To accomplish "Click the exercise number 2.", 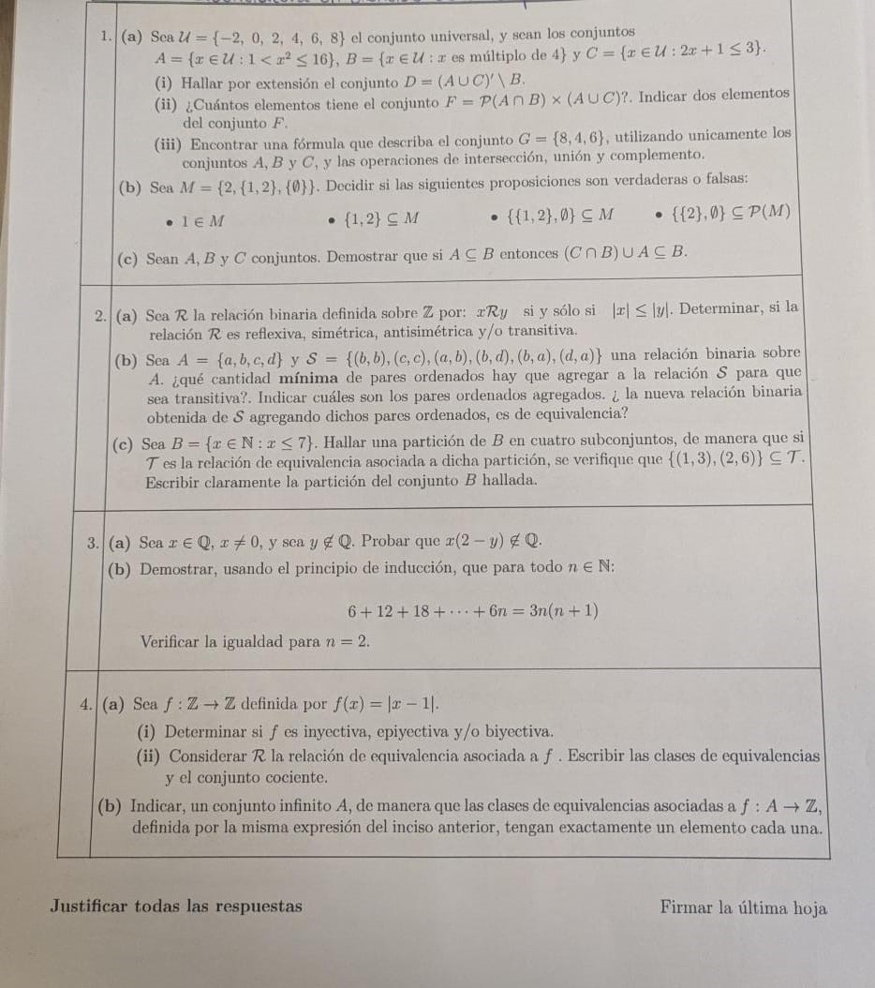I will [x=105, y=308].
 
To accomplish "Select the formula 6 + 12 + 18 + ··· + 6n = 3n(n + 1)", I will [x=472, y=610].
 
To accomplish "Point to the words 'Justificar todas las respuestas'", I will [x=176, y=906].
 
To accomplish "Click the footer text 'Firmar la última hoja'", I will [x=743, y=906].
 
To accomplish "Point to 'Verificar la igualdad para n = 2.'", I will [x=255, y=642].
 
